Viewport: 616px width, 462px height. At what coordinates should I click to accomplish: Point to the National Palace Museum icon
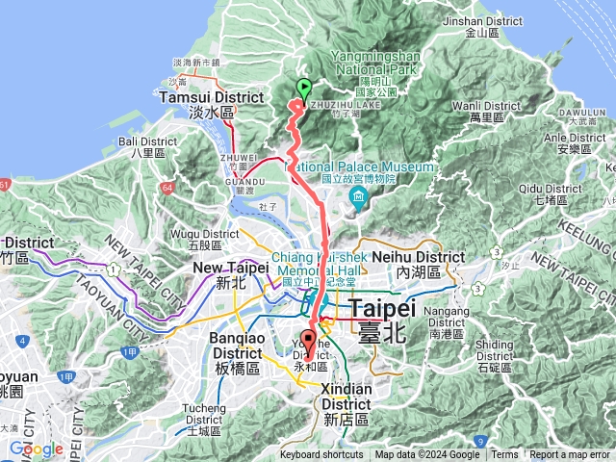click(359, 200)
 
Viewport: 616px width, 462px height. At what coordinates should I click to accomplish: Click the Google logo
click(37, 449)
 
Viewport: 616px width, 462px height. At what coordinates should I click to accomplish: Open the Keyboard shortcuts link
click(321, 455)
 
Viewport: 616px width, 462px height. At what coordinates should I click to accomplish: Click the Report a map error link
click(570, 455)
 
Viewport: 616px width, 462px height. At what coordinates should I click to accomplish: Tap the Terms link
click(504, 455)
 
